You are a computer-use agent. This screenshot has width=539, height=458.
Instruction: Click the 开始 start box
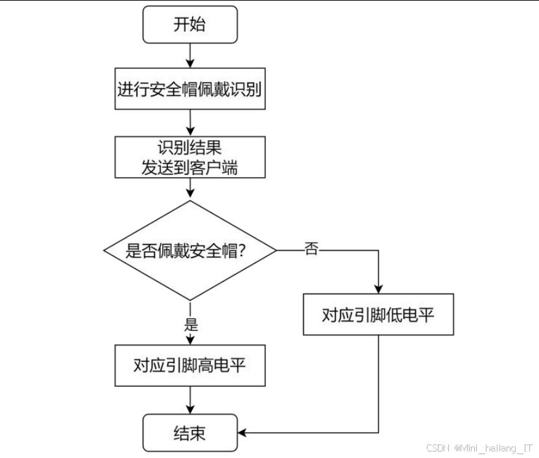190,25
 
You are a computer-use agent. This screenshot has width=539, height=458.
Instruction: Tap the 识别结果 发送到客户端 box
190,157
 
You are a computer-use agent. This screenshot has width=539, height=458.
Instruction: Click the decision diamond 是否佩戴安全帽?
190,250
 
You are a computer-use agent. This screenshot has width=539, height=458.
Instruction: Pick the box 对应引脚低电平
378,315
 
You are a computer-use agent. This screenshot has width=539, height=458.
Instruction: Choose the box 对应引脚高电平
190,365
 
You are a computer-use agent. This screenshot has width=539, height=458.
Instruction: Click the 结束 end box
190,433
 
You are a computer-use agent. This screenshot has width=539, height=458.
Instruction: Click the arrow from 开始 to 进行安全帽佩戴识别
190,54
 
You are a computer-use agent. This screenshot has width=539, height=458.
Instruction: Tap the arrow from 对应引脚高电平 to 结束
190,399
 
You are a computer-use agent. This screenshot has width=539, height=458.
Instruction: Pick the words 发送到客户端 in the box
190,167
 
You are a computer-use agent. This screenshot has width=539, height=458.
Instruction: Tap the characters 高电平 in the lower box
228,365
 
